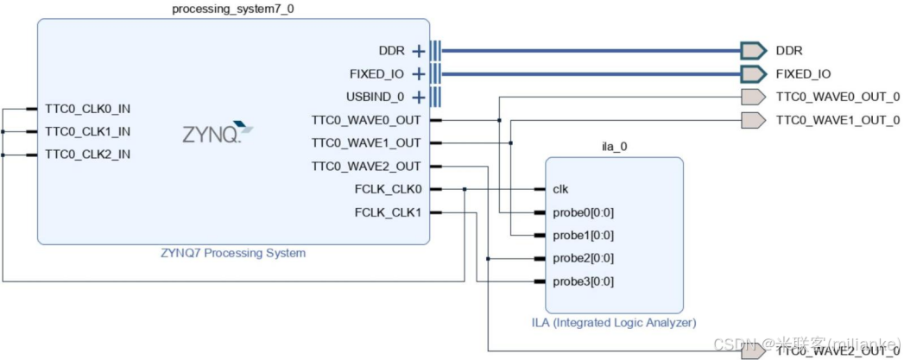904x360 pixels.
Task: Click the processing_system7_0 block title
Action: click(232, 9)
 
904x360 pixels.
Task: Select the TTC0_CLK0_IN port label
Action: click(87, 109)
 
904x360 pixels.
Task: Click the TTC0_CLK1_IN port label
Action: click(87, 132)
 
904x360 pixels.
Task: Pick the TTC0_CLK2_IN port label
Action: click(87, 155)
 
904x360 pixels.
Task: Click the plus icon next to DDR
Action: click(419, 51)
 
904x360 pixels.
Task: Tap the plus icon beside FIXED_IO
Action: click(419, 74)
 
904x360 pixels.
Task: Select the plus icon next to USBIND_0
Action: click(419, 97)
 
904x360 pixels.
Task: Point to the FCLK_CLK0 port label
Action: click(388, 189)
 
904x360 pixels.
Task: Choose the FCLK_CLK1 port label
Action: click(388, 212)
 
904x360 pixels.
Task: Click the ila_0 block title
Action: click(613, 147)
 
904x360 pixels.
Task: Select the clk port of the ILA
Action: click(560, 189)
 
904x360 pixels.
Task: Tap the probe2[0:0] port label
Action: click(583, 258)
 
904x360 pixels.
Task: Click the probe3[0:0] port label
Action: click(583, 281)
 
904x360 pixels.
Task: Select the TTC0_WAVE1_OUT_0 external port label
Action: click(838, 120)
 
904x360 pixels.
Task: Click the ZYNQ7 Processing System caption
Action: click(232, 254)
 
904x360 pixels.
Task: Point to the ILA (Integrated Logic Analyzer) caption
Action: click(613, 323)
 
